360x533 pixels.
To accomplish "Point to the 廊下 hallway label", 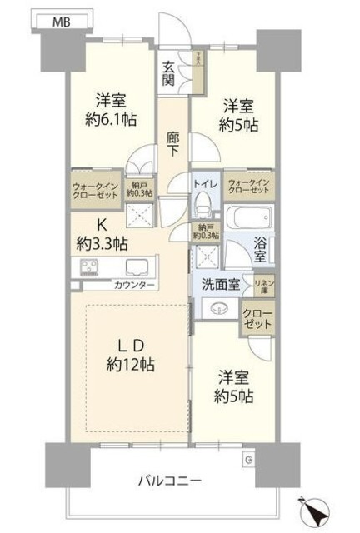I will pyautogui.click(x=172, y=145).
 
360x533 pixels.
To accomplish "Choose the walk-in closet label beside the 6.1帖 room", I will pyautogui.click(x=95, y=191).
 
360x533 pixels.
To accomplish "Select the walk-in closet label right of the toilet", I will pyautogui.click(x=249, y=186).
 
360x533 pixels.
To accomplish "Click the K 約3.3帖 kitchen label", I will pyautogui.click(x=104, y=234).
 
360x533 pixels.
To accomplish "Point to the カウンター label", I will pyautogui.click(x=134, y=286).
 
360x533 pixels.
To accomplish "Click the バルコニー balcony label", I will pyautogui.click(x=175, y=481).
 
